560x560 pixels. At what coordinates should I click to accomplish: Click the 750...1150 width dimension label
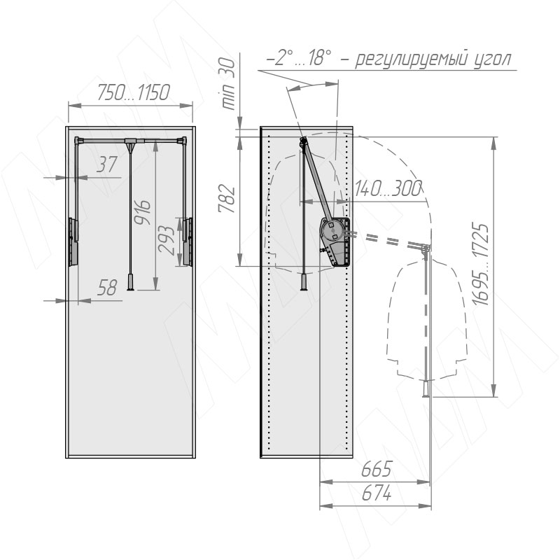tap(133, 92)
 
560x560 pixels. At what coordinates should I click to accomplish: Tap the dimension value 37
tap(106, 164)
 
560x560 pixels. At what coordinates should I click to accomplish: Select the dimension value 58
tap(107, 288)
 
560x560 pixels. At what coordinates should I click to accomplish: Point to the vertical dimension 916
tap(143, 212)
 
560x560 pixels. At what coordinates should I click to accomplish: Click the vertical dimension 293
tap(166, 239)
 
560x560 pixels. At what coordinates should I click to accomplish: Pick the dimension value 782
tap(227, 199)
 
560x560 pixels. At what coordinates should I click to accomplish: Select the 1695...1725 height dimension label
tap(479, 265)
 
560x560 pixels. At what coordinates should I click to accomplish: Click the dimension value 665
tap(377, 469)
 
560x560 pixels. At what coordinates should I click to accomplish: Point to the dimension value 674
tap(377, 494)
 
